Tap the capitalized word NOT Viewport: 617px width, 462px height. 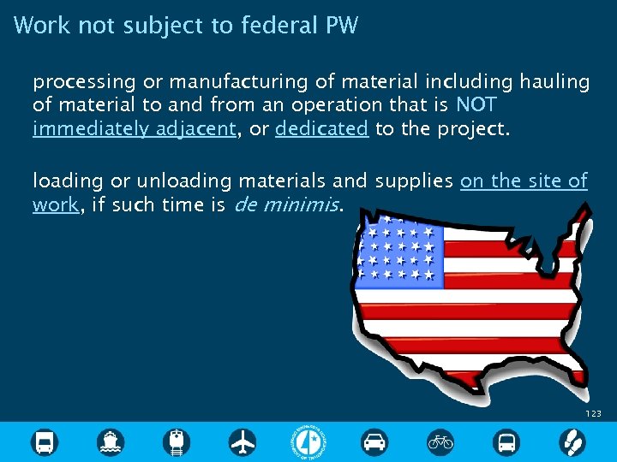[x=476, y=105]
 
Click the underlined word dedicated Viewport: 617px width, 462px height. [x=322, y=128]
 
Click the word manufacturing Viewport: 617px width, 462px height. [x=228, y=82]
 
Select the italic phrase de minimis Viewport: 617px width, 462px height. [x=287, y=205]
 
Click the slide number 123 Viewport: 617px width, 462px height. [x=593, y=413]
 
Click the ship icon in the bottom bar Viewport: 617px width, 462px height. [x=111, y=441]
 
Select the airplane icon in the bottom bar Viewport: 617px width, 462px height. [x=243, y=441]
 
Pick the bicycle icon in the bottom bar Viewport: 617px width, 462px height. [x=440, y=441]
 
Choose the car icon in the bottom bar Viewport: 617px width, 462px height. [x=374, y=441]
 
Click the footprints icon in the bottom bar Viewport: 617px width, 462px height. [x=572, y=441]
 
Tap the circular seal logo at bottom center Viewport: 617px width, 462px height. [x=308, y=441]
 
